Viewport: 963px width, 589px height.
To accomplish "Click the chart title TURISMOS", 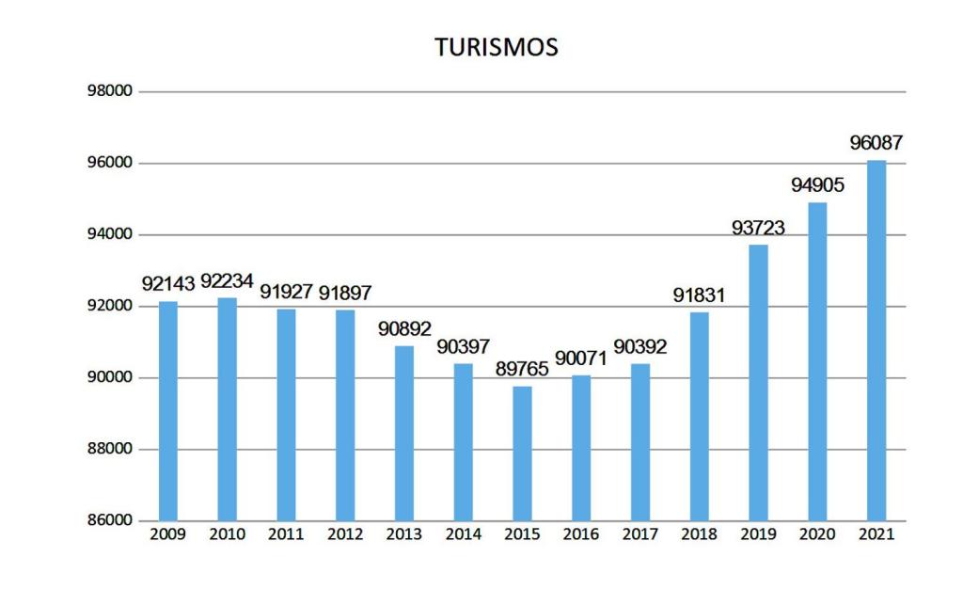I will coord(496,47).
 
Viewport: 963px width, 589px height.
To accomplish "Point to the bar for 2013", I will coord(404,434).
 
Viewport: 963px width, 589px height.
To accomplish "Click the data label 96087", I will coord(876,144).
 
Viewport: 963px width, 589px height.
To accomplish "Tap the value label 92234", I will coord(227,280).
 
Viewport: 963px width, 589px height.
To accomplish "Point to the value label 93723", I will coord(758,228).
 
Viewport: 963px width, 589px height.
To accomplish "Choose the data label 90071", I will coord(581,358).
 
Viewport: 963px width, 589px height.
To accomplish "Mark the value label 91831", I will coord(699,295).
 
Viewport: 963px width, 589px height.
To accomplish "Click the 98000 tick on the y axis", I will coord(110,92).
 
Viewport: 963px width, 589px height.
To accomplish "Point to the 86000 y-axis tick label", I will coord(110,521).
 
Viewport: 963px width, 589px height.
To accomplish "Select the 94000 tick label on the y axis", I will coord(110,235).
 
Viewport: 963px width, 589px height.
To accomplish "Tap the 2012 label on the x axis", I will coord(345,535).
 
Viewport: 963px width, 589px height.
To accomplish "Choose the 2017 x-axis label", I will coord(639,535).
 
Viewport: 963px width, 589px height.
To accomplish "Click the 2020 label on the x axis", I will coord(816,535).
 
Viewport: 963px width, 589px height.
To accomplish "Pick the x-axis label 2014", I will coord(463,535).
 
